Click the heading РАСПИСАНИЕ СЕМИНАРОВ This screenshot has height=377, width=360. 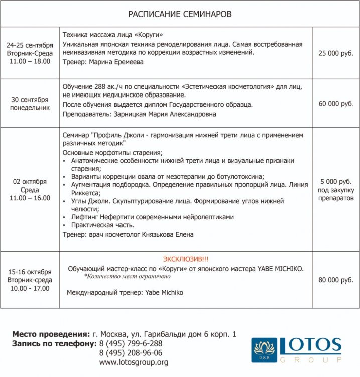[180, 14]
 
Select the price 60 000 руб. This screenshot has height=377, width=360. [336, 104]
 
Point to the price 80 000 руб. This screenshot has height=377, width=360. [336, 280]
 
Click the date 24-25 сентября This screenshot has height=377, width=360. [30, 45]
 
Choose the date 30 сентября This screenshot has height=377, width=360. [30, 100]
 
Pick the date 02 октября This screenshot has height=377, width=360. [30, 182]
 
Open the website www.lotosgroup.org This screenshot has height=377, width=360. [134, 362]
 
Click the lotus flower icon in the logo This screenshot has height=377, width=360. [264, 347]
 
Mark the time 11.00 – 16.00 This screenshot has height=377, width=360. [30, 198]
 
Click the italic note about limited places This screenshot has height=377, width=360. [128, 276]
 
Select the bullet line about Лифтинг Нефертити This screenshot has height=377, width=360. [153, 217]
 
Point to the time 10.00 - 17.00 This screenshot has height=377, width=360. [30, 289]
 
